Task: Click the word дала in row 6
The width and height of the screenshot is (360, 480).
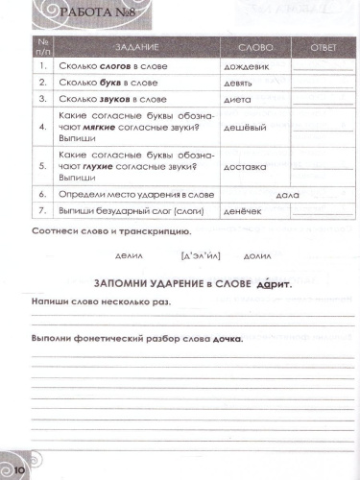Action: (x=288, y=194)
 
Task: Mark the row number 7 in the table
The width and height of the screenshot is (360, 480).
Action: (x=41, y=210)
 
